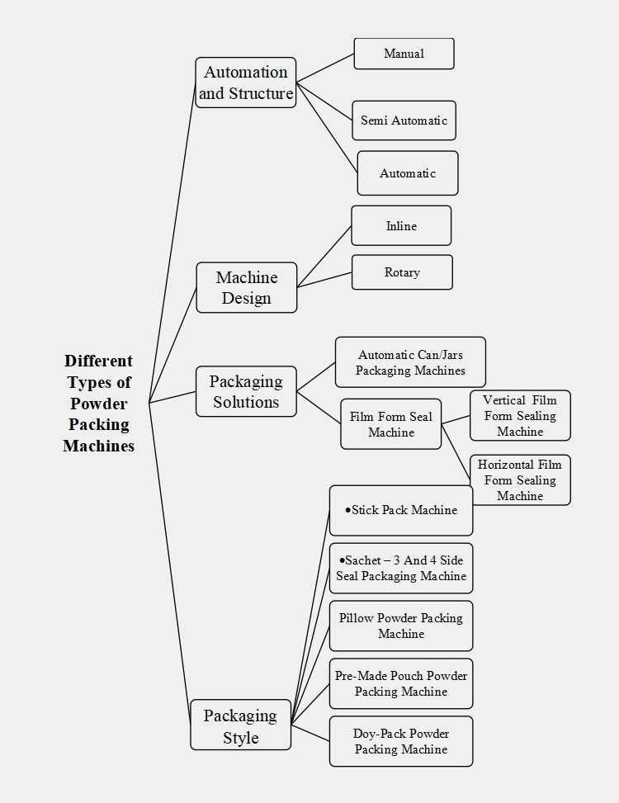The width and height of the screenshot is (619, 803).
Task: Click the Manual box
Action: [404, 54]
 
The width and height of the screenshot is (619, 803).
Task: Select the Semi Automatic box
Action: [404, 120]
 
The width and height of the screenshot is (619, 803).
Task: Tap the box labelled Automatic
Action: [407, 173]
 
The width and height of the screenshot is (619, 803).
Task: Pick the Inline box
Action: [401, 226]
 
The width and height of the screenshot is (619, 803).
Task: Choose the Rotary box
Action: [402, 272]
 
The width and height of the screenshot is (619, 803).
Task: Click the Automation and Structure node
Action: [246, 83]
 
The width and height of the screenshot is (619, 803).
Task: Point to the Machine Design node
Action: [246, 287]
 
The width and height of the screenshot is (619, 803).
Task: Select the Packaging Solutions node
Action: [246, 392]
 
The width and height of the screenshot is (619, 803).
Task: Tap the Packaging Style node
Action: [240, 725]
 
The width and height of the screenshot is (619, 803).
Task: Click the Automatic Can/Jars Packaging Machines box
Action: [410, 362]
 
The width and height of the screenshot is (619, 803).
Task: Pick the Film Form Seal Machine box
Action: [390, 424]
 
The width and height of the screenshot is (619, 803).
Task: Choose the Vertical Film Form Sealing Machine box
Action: [520, 416]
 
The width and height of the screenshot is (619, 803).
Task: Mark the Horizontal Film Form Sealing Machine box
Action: [520, 480]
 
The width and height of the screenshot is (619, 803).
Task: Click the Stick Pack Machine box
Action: [401, 510]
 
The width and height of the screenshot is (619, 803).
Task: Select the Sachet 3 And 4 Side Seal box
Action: [401, 568]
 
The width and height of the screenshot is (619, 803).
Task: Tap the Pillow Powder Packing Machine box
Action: [401, 626]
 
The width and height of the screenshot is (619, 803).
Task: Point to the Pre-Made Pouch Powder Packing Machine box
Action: [401, 683]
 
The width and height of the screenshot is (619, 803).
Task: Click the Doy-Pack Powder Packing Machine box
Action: [401, 741]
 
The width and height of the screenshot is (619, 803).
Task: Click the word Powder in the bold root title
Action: [98, 404]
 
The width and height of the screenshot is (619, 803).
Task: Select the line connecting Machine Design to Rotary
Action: [324, 280]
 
